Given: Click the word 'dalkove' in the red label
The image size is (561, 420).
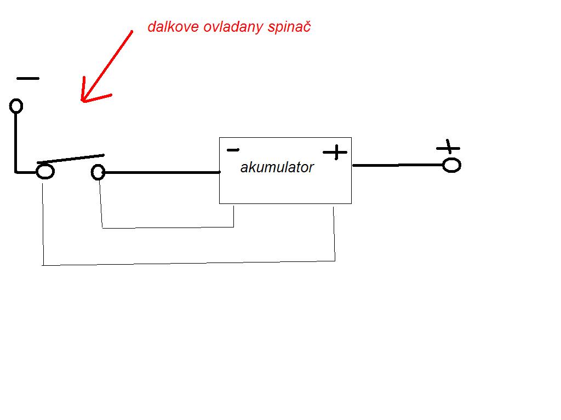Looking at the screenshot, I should (x=168, y=27).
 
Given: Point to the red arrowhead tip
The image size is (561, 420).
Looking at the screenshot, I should (x=82, y=100).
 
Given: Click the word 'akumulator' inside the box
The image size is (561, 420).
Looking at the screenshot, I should (x=277, y=167).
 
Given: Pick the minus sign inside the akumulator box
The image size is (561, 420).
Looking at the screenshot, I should (x=233, y=149).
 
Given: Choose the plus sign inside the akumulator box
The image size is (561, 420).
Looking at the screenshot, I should (x=335, y=152).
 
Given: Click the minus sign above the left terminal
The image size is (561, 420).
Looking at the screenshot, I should (x=27, y=78).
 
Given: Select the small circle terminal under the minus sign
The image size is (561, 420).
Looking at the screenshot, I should (x=16, y=106).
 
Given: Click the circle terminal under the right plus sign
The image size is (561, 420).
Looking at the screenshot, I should (x=451, y=165).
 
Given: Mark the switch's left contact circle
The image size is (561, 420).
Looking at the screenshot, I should (x=45, y=172).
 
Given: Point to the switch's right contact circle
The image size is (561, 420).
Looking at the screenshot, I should (x=98, y=173).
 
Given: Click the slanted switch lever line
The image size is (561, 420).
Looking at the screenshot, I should (x=70, y=159).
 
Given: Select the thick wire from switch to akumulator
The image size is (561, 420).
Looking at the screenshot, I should (x=162, y=173).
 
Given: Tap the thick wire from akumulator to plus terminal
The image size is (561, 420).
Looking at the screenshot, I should (x=397, y=165).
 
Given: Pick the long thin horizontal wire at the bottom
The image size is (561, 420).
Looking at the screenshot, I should (x=189, y=263).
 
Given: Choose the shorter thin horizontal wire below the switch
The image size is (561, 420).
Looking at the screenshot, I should (x=168, y=227).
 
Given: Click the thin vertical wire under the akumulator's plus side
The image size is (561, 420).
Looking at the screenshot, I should (x=334, y=232).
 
